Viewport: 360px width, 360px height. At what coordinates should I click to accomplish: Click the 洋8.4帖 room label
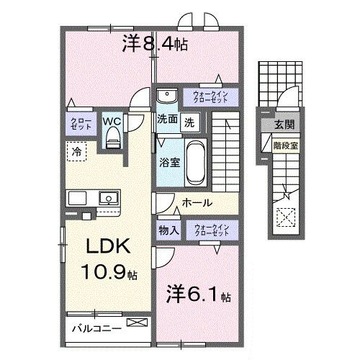coord(156,45)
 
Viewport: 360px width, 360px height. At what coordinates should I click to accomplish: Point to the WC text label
coord(111,120)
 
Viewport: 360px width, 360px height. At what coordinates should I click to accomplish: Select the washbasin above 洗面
coord(166,96)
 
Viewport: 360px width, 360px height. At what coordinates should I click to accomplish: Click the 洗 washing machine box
coord(188,122)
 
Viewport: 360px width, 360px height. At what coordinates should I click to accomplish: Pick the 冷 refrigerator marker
coord(76,151)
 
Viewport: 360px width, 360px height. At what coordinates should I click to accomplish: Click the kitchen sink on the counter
coord(109,197)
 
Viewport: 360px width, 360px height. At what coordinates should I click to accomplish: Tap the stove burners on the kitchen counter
coord(77,197)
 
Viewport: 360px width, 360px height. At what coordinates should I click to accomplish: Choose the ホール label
coord(195,203)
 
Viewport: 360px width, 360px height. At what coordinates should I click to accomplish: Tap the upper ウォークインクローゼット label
coord(210,96)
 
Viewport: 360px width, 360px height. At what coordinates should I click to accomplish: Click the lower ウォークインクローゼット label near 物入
coord(210,230)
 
